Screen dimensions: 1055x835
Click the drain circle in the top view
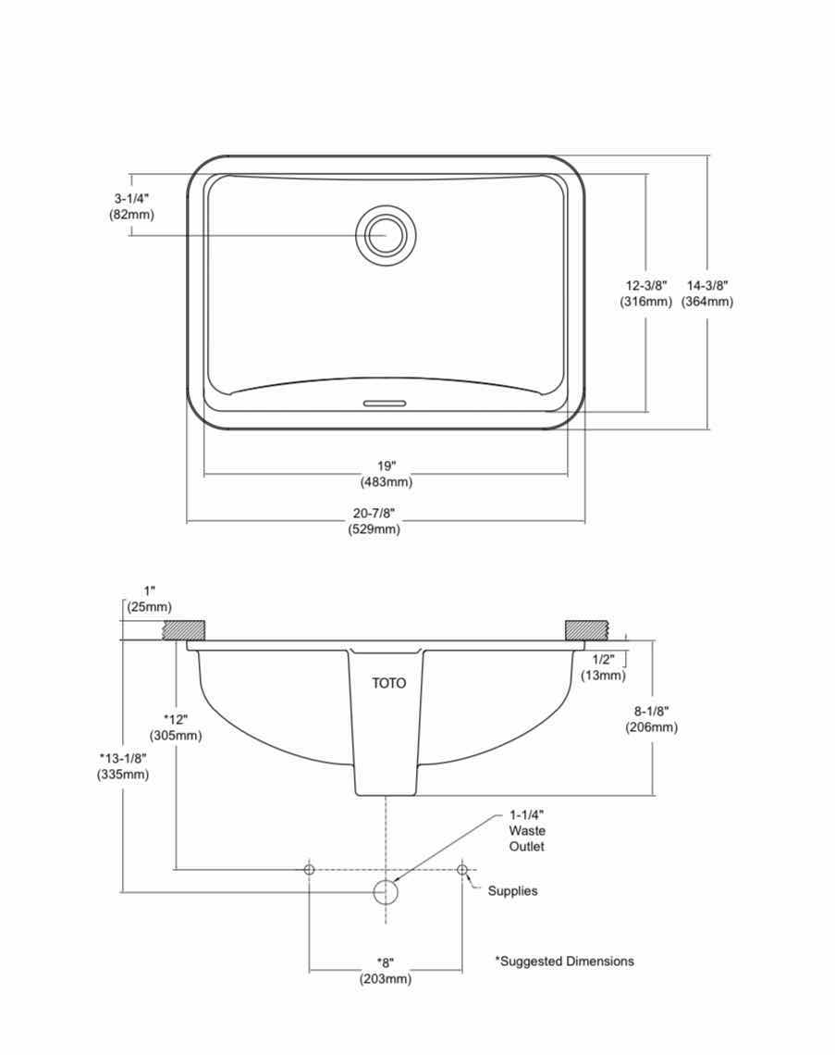click(386, 235)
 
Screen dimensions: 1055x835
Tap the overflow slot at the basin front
click(385, 403)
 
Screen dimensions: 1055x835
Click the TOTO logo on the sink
click(388, 684)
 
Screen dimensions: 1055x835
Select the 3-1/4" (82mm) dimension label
click(131, 206)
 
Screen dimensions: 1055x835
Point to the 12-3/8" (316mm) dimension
click(645, 293)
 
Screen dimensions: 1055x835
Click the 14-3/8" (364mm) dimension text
click(707, 293)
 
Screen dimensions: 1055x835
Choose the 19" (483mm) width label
click(386, 474)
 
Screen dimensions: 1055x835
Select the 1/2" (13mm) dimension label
click(603, 667)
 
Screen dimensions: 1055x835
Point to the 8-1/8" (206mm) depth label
click(651, 719)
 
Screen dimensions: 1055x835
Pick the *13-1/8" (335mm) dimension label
click(123, 766)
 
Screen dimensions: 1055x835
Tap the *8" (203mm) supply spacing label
click(385, 971)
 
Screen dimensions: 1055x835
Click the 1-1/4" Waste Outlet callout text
click(526, 831)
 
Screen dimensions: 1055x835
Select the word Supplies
click(512, 891)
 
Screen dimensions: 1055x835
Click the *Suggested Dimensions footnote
click(564, 962)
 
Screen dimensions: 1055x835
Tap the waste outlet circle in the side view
click(385, 892)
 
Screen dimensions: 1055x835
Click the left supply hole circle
click(309, 869)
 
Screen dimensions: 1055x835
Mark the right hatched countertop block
click(588, 629)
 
